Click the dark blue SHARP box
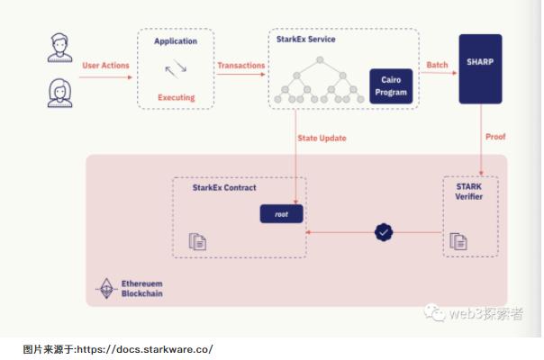point(481,69)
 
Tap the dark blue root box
point(281,214)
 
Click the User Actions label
point(105,65)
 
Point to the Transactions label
point(240,65)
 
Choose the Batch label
point(437,65)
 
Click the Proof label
point(495,138)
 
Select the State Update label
point(322,138)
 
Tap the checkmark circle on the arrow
point(384,232)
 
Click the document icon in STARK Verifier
point(458,240)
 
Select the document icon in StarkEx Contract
point(197,240)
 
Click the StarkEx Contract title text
point(224,188)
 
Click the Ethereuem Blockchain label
point(142,289)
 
